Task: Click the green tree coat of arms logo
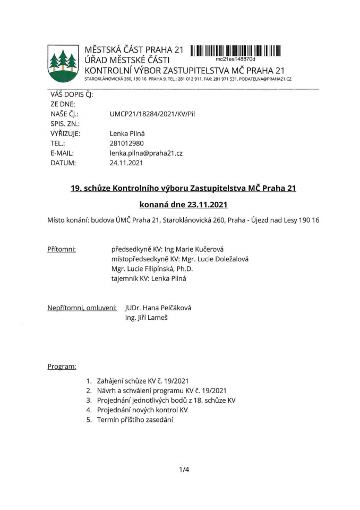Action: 63,63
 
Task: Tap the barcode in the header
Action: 235,51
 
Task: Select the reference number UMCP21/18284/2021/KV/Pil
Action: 152,114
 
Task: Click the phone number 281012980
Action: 126,143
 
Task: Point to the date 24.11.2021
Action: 126,163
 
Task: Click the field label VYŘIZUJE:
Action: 65,133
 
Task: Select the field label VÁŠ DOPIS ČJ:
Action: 72,94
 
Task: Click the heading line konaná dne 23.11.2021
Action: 183,204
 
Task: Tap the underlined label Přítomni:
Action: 62,249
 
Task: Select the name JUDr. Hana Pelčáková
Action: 158,308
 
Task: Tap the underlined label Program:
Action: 62,367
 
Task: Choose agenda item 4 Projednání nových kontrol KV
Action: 142,410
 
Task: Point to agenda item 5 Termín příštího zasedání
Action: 135,420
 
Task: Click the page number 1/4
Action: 184,470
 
